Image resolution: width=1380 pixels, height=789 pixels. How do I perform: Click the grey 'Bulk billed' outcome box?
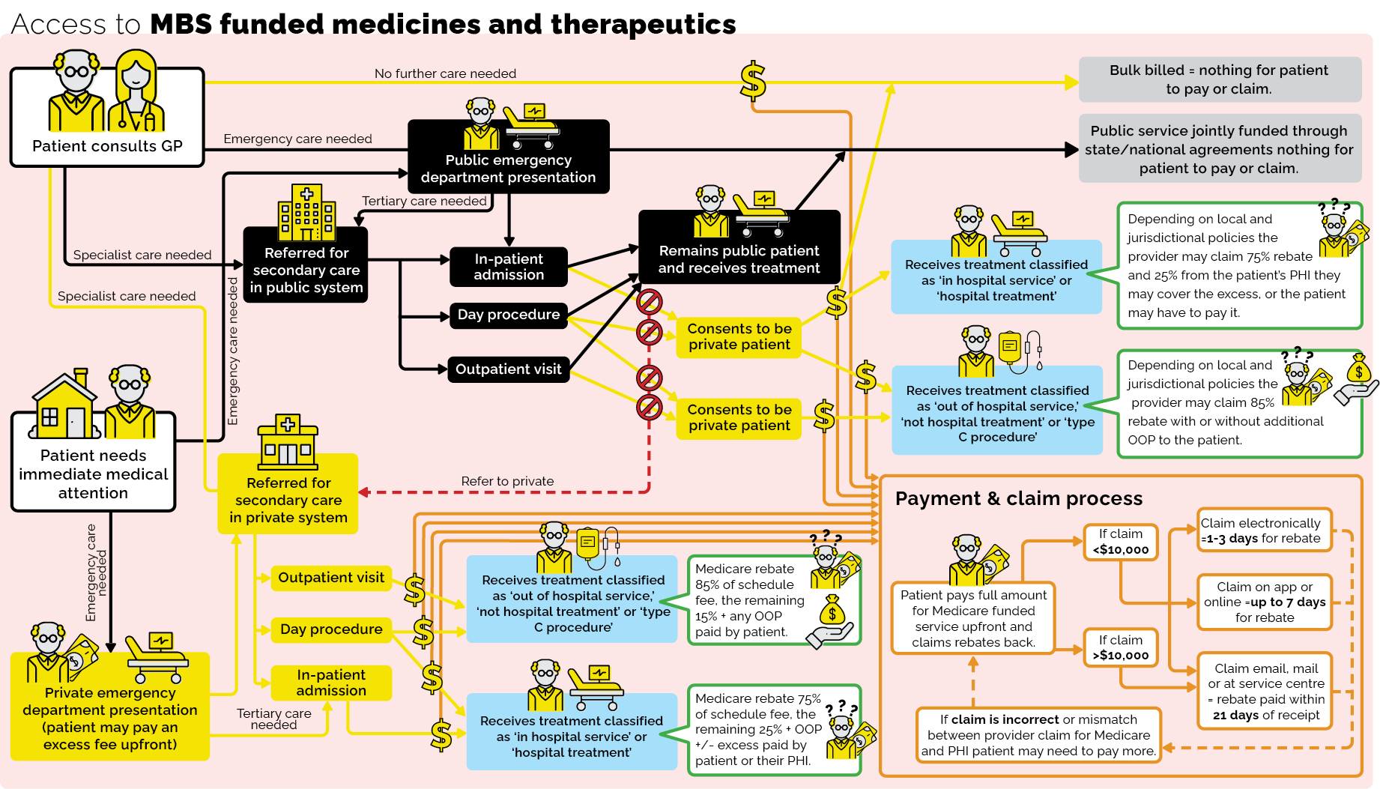1219,79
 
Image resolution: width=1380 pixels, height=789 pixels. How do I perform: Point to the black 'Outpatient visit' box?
508,369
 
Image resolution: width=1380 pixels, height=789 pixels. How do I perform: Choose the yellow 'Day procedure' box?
331,629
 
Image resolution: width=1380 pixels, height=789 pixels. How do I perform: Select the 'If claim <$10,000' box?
1120,542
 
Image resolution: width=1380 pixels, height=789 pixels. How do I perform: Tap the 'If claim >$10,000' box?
1120,647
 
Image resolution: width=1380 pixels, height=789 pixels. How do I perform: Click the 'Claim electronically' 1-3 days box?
1263,530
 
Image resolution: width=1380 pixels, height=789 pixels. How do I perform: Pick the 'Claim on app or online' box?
1264,602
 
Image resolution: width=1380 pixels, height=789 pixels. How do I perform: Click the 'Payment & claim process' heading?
1018,498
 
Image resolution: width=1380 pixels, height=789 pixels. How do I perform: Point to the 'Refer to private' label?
507,481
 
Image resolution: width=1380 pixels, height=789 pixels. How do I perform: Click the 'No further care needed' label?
445,73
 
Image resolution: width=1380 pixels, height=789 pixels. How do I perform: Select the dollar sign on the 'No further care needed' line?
753,81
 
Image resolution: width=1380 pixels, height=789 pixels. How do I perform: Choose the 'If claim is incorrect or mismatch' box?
1038,735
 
